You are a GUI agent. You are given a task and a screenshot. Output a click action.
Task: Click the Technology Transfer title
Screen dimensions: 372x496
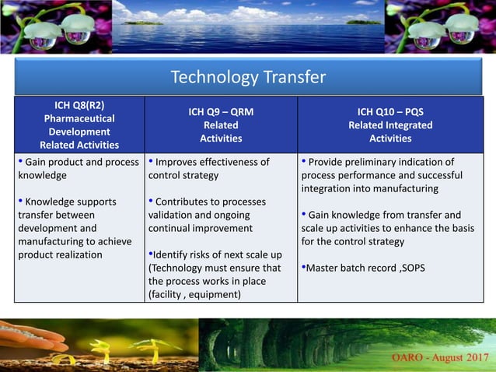click(248, 77)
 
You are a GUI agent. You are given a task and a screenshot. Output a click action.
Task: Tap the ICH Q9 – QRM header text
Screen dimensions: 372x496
click(221, 111)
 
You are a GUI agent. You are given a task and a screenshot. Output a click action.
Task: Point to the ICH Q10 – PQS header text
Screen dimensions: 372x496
click(390, 111)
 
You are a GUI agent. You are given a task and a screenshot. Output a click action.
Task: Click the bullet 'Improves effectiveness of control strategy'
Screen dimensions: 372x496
click(209, 168)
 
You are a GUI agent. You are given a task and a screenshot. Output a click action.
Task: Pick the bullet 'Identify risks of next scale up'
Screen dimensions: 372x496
click(215, 254)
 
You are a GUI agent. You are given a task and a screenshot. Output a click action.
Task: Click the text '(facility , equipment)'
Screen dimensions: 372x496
click(194, 294)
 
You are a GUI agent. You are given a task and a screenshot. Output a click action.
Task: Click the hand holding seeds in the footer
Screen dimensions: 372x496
click(31, 336)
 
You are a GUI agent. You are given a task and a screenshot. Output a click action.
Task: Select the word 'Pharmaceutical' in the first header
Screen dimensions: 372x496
click(79, 118)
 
